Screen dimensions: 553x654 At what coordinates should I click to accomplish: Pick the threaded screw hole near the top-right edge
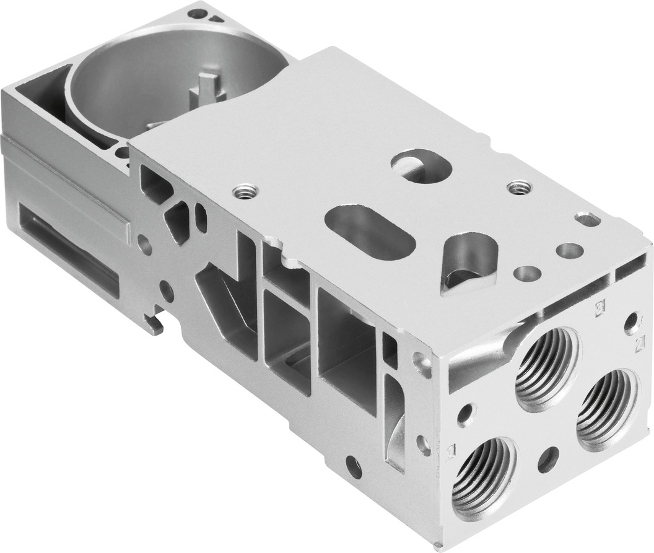[x=518, y=186]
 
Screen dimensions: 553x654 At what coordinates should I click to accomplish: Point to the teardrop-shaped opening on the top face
[x=469, y=263]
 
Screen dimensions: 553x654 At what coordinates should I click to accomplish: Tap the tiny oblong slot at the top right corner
[x=586, y=219]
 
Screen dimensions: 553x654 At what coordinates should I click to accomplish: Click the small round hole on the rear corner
[x=197, y=12]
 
